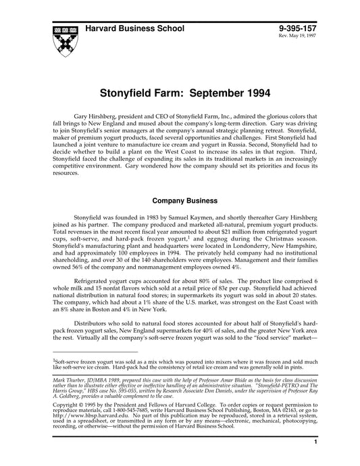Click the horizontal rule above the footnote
click(x=95, y=352)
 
